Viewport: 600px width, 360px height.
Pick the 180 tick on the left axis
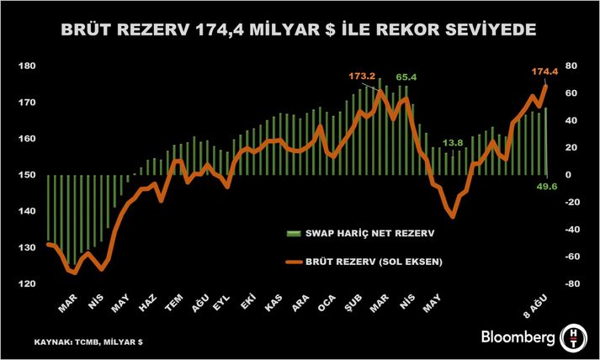(26, 66)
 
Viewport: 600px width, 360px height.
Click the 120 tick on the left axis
(26, 283)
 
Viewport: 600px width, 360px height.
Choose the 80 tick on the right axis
(570, 66)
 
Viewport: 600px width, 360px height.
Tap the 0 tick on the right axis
(568, 175)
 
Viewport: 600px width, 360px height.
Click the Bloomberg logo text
(518, 338)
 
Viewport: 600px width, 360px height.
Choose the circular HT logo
(574, 336)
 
